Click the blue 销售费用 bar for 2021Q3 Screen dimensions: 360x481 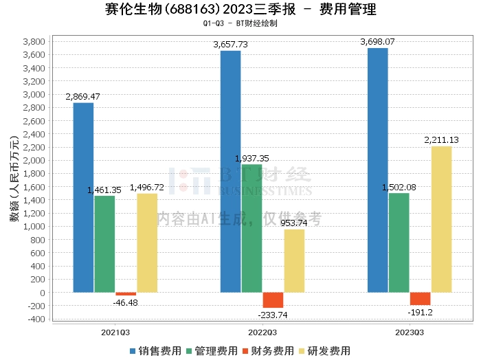tap(83, 198)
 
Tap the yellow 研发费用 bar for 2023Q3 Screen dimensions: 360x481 tap(442, 220)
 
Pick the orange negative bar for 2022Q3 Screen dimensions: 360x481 tap(273, 300)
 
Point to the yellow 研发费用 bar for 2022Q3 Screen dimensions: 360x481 tap(294, 261)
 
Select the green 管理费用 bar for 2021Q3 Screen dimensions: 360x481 tap(104, 245)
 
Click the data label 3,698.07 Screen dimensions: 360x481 tap(377, 42)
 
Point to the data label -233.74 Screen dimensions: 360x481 tap(273, 315)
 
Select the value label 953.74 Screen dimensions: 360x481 tap(293, 223)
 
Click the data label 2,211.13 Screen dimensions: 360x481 tap(443, 140)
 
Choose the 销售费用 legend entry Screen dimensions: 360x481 tap(156, 350)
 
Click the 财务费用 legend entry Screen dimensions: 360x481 tap(269, 350)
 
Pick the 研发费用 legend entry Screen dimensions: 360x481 tap(325, 350)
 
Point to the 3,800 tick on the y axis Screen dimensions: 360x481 tap(35, 42)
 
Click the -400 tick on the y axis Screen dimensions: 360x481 tap(37, 319)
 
